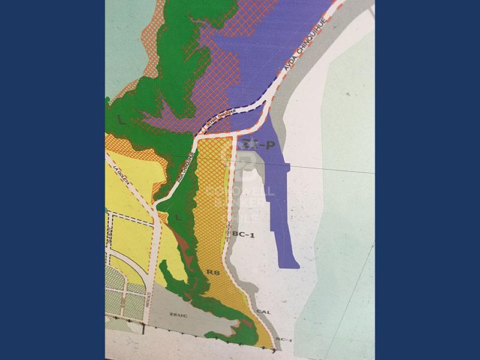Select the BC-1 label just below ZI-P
[244, 235]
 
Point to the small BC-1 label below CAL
[284, 340]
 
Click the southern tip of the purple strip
[289, 263]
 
